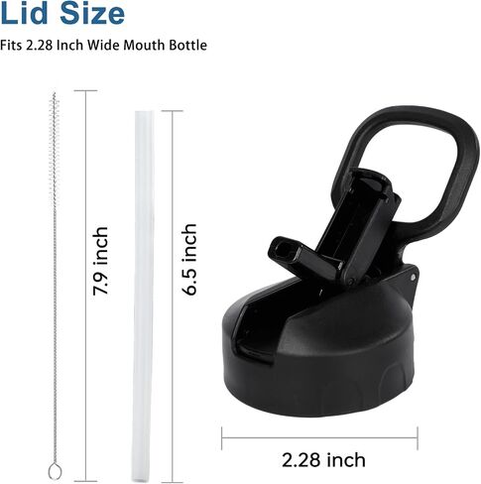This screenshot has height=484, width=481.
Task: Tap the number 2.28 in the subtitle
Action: pos(39,45)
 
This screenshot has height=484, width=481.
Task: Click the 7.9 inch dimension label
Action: pos(100,261)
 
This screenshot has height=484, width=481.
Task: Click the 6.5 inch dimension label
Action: pos(189,259)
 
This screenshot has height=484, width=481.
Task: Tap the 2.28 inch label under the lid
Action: pos(323,460)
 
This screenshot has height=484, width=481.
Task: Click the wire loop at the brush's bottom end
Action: pos(55,472)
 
